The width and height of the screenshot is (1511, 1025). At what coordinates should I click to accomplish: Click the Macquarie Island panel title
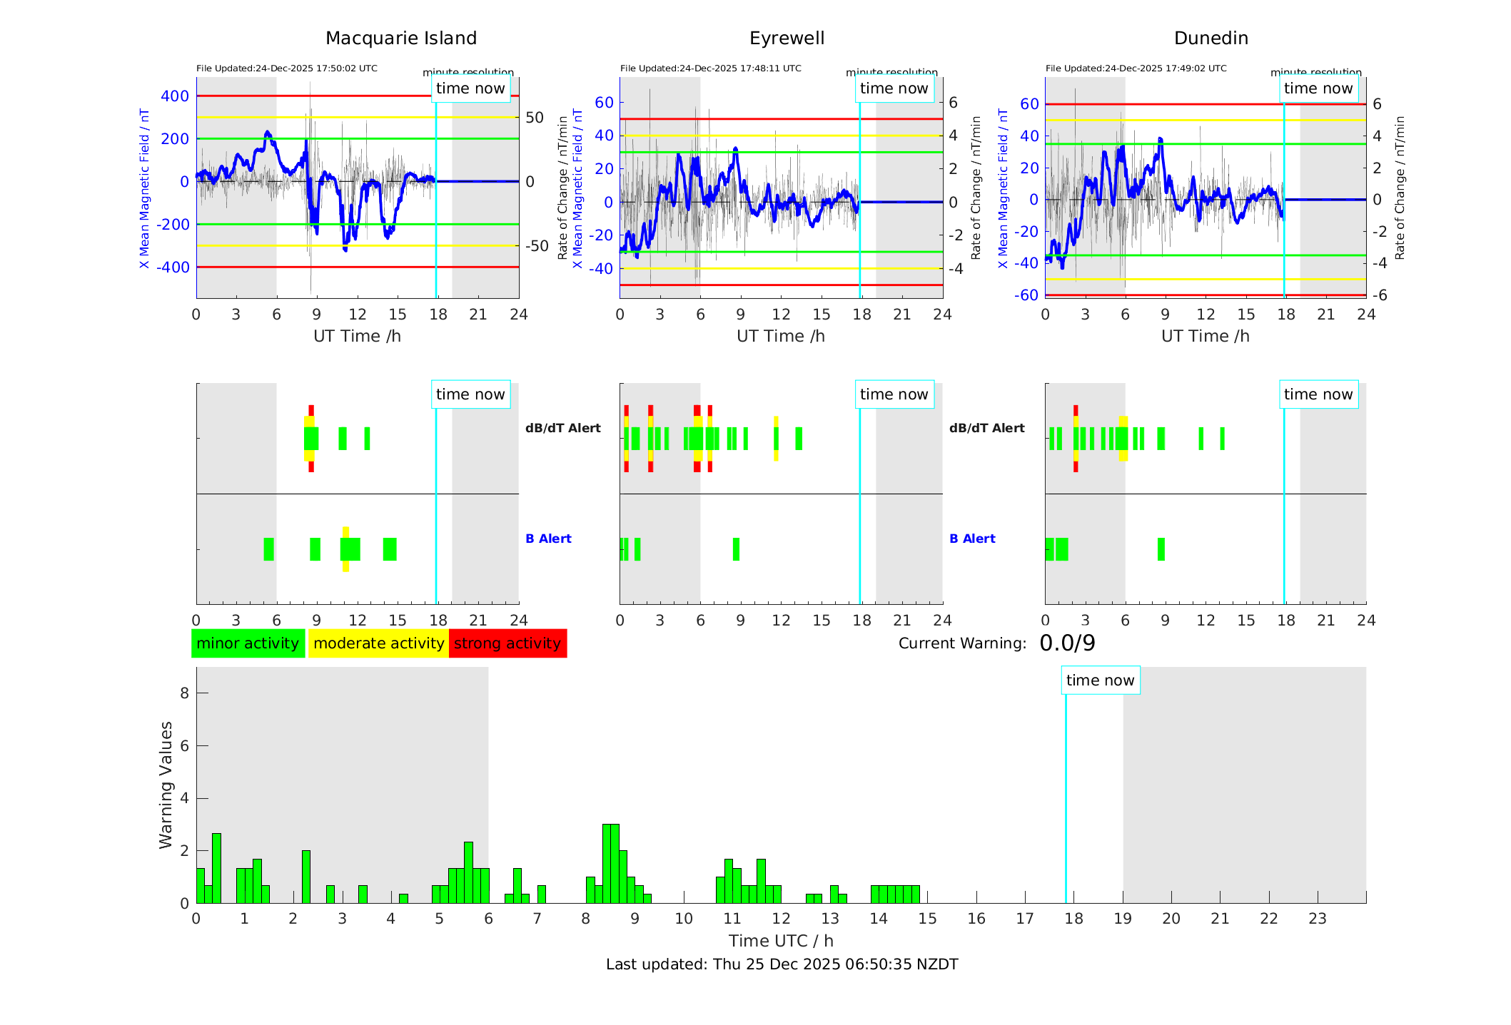[401, 39]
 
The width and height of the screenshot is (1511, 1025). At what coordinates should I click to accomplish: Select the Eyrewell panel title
[787, 39]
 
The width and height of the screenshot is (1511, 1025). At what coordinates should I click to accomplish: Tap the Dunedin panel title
[1211, 39]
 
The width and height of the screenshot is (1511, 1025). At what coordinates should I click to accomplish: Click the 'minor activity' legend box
[248, 643]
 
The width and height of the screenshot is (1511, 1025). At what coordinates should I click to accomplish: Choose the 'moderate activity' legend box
[378, 643]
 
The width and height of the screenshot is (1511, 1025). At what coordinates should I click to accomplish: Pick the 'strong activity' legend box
[507, 643]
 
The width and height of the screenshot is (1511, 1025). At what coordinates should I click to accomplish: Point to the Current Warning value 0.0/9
[1067, 643]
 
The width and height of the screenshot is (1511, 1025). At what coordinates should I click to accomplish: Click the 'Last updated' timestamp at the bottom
[782, 964]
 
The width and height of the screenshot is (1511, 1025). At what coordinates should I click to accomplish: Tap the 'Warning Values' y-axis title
[166, 785]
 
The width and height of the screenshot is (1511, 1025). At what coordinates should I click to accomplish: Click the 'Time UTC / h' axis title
[781, 941]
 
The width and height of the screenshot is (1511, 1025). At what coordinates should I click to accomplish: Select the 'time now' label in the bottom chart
[1100, 680]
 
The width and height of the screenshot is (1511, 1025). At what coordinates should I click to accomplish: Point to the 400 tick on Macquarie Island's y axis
[175, 96]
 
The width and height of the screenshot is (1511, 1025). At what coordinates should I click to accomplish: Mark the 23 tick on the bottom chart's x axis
[1317, 919]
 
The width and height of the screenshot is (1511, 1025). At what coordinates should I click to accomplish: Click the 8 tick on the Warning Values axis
[184, 693]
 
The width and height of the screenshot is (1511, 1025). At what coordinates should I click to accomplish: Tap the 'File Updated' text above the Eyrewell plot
[710, 68]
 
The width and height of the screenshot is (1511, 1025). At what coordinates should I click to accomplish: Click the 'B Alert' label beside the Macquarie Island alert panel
[548, 539]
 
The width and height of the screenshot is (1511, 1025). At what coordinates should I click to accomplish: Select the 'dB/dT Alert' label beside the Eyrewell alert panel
[986, 428]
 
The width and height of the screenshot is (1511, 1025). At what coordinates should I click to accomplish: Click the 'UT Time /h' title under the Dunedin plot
[1205, 336]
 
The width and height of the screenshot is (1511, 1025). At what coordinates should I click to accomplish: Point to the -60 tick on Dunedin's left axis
[1028, 295]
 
